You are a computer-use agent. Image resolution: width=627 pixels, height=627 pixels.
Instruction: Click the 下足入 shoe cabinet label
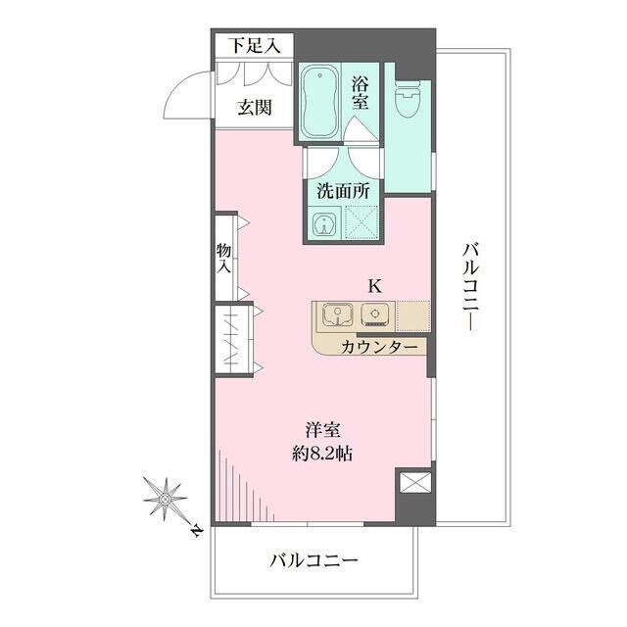point(255,45)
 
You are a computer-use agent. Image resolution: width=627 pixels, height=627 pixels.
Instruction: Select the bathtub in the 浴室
point(319,103)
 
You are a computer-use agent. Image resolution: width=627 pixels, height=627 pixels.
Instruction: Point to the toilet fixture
point(407,98)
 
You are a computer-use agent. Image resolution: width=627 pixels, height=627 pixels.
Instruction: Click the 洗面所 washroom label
point(343,191)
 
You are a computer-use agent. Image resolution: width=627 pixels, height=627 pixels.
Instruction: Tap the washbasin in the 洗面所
point(322,225)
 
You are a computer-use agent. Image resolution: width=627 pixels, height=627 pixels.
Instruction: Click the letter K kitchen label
point(373,286)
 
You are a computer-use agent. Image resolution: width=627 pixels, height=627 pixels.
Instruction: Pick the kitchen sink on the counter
point(338,315)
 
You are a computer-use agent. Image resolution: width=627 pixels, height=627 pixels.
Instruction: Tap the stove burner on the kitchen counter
point(374,315)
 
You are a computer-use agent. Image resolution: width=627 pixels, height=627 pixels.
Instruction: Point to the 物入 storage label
point(223,258)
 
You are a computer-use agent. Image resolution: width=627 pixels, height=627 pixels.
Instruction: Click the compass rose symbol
point(166,499)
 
